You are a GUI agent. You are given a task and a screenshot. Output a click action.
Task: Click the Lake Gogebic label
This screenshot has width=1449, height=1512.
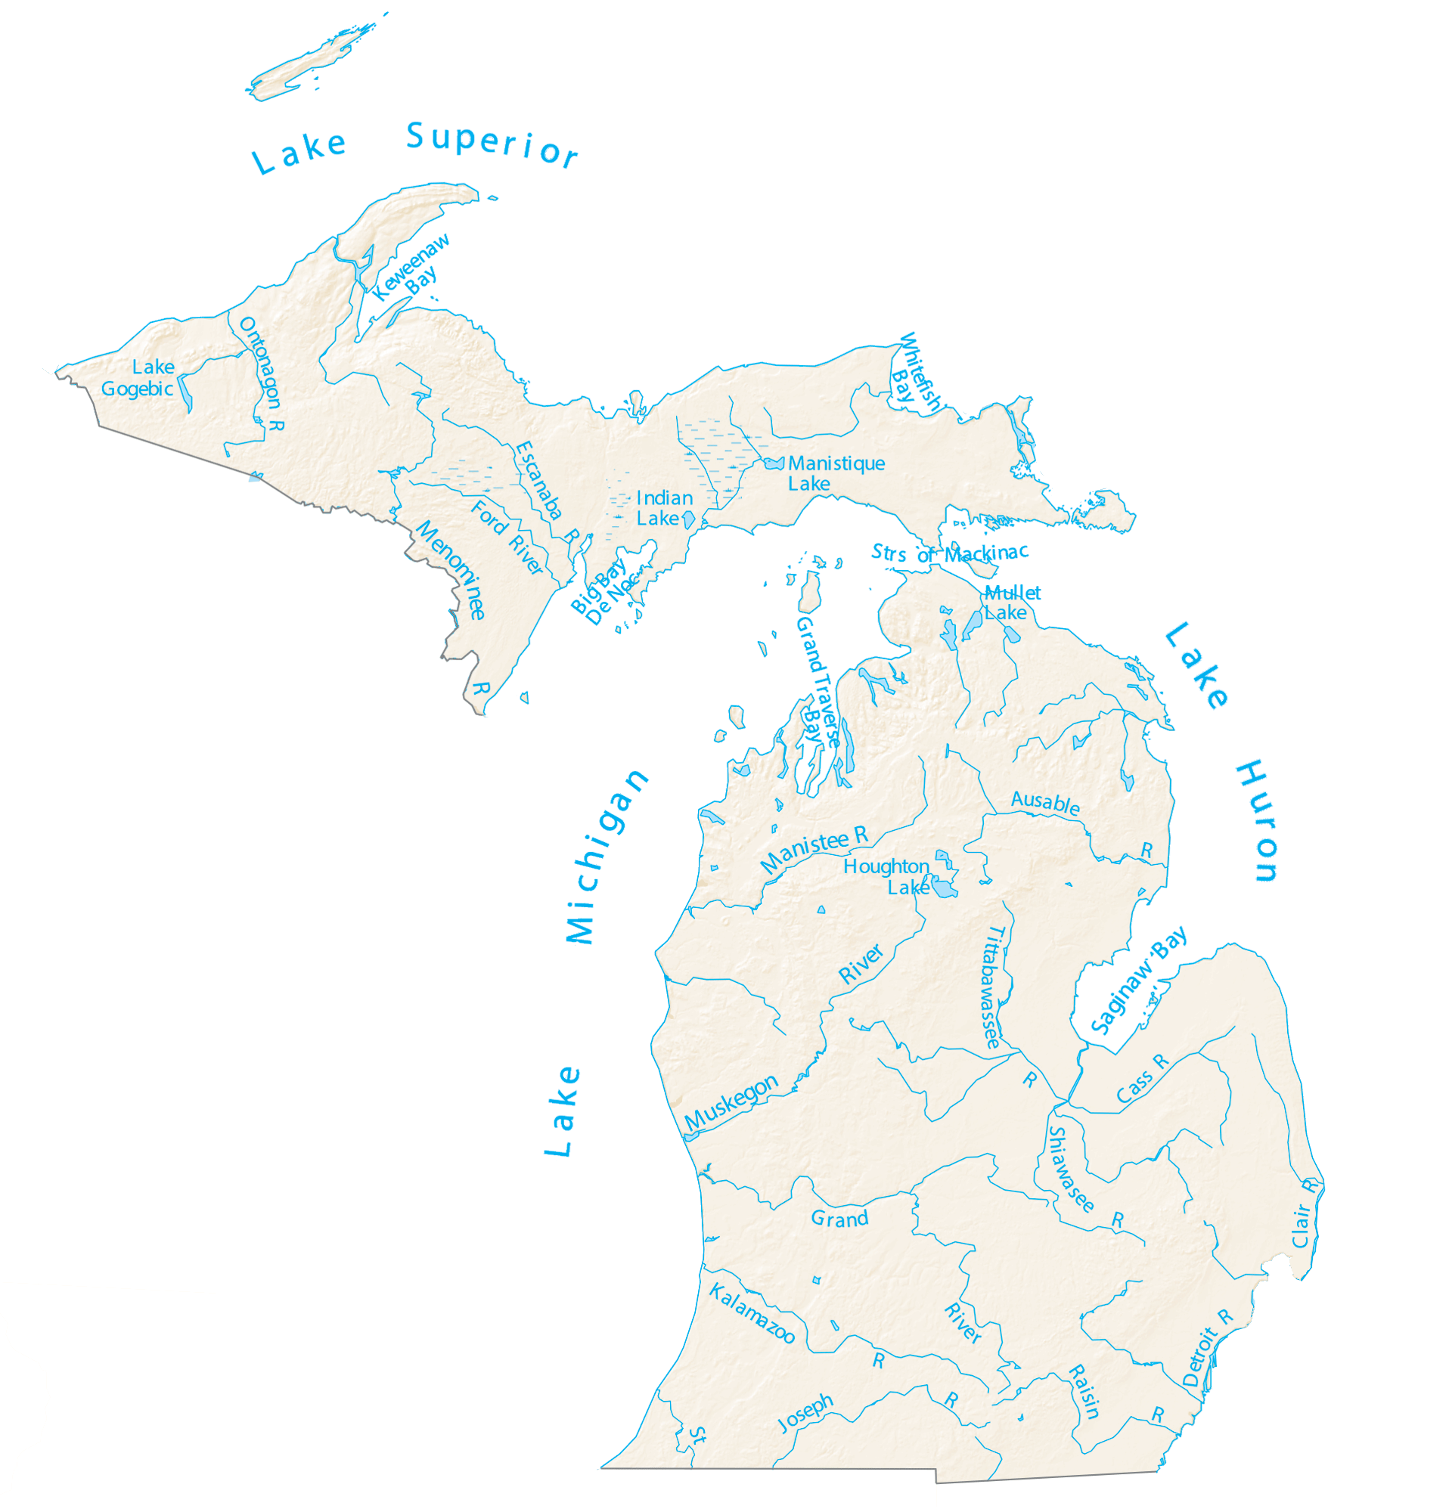click(x=139, y=377)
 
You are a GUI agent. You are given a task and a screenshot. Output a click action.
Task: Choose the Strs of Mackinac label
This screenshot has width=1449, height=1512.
click(x=948, y=553)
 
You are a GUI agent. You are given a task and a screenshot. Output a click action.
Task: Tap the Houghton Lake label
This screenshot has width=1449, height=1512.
click(x=887, y=876)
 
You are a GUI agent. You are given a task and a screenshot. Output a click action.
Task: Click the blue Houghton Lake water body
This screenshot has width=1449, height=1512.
click(x=942, y=886)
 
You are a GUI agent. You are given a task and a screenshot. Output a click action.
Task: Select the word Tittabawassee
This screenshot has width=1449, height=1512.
click(x=992, y=987)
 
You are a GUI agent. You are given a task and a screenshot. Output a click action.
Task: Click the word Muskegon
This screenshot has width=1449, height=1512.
click(x=731, y=1101)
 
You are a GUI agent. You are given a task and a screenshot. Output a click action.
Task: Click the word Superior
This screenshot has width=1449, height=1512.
click(x=492, y=144)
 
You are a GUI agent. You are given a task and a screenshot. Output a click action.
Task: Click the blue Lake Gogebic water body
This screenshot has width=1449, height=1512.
click(x=185, y=392)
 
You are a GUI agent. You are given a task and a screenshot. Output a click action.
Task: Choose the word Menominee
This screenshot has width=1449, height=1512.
click(x=451, y=569)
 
